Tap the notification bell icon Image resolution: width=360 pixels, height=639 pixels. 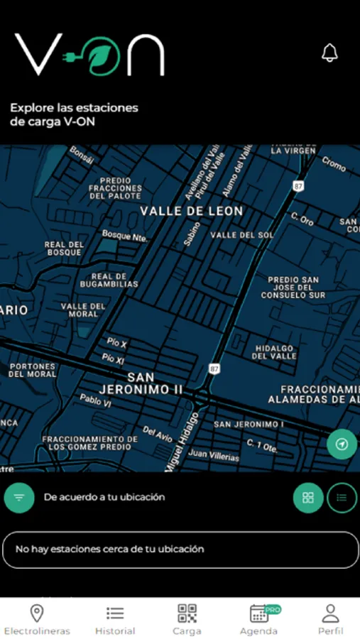329,53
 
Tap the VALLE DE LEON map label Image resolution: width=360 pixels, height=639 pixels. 191,211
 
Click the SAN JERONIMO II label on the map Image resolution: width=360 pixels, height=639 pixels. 141,383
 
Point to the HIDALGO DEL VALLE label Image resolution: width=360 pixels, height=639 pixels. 273,352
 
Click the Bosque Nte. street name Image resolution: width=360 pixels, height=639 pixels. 124,235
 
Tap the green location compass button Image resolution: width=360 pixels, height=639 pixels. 342,444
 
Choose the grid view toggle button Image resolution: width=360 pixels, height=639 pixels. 308,498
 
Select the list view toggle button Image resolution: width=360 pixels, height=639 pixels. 342,498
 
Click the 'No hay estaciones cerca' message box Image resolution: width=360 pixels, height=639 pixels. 180,550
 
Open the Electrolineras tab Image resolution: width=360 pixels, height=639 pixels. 36,619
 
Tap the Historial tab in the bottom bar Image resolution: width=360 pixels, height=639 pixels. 115,619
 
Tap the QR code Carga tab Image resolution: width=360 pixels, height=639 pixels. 187,619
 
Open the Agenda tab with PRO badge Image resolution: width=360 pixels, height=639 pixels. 259,619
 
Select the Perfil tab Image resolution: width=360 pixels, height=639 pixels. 330,619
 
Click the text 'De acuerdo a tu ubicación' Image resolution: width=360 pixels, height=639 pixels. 104,498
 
